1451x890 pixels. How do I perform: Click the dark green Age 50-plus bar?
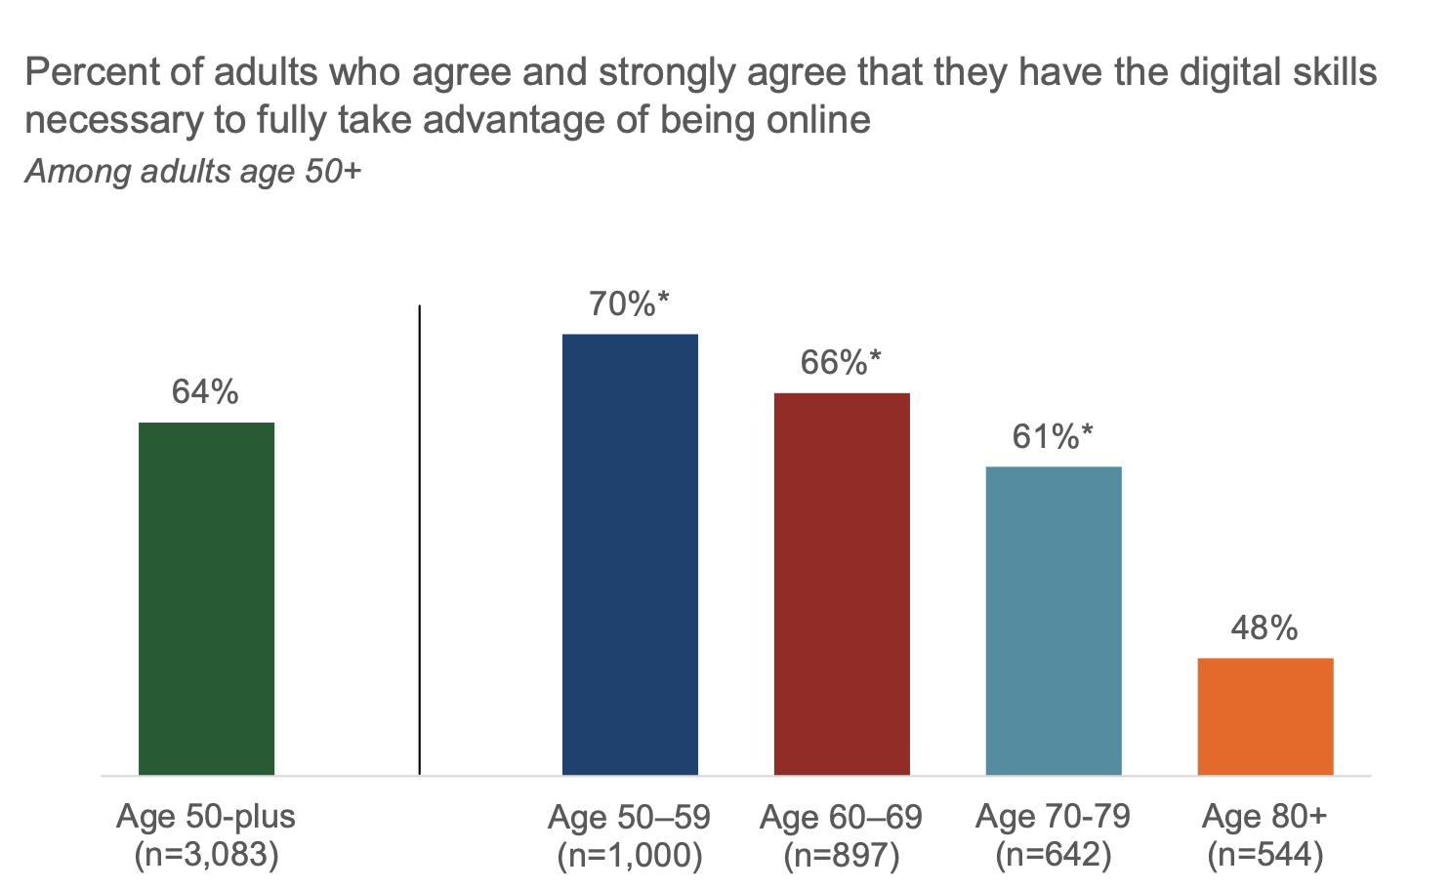[x=206, y=598]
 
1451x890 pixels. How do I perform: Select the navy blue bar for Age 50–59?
[x=630, y=554]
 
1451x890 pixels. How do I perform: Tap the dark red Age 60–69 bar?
[x=842, y=584]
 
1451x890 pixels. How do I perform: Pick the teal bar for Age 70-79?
[x=1054, y=621]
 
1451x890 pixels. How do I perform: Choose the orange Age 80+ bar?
[x=1264, y=716]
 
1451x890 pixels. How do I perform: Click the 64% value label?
[x=205, y=392]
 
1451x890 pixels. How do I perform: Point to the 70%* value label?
[x=629, y=304]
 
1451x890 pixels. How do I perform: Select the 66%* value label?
[x=841, y=363]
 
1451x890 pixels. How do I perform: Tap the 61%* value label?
[x=1053, y=436]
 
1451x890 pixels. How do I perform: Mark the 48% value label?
[x=1264, y=627]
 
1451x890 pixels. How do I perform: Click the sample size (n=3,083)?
[x=206, y=855]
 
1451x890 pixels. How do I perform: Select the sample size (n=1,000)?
[x=630, y=856]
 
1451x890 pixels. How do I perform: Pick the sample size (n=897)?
[x=842, y=856]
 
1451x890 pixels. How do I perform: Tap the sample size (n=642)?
[x=1054, y=856]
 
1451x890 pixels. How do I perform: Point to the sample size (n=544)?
[x=1265, y=856]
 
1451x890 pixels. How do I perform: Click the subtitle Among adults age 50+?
[x=193, y=172]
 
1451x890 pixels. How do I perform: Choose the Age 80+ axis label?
[x=1264, y=816]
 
